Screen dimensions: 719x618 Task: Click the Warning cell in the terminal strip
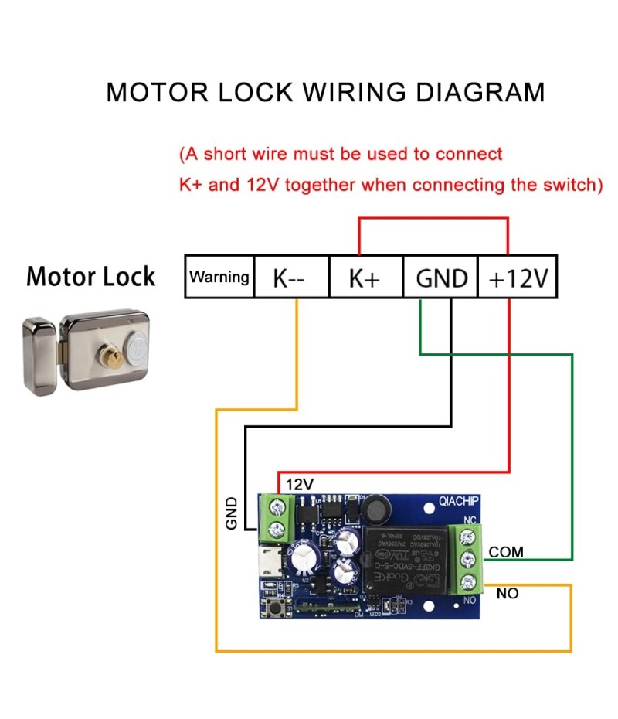(219, 277)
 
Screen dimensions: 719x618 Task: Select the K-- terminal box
(291, 277)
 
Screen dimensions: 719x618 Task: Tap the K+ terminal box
(365, 277)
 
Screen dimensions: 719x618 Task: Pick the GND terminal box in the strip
(441, 277)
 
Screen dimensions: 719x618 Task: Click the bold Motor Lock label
(90, 276)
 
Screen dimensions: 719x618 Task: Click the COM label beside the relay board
(506, 552)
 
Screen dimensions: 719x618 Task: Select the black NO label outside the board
(508, 594)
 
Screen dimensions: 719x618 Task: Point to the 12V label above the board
(300, 484)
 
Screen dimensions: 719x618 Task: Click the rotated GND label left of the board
(231, 513)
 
